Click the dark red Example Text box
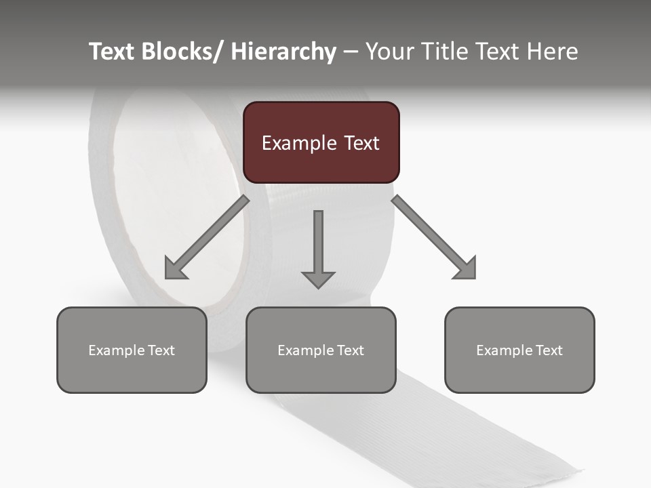321,142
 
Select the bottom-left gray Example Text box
132,350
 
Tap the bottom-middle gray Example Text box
321,350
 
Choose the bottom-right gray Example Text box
519,350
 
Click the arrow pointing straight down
318,248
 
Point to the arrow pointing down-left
206,238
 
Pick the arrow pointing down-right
434,237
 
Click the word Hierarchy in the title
283,52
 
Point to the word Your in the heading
391,52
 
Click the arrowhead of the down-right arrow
466,269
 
